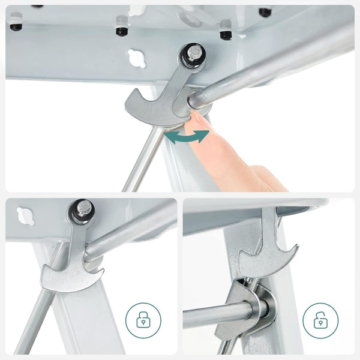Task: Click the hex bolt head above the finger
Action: (x=193, y=55)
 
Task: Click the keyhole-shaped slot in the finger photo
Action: (x=137, y=58)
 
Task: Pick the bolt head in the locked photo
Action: (x=83, y=210)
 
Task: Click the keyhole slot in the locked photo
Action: (x=27, y=214)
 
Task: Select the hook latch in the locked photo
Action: (x=72, y=264)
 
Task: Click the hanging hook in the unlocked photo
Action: (x=267, y=252)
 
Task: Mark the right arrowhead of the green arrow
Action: (x=205, y=134)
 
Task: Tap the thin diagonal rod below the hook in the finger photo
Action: (x=141, y=159)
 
